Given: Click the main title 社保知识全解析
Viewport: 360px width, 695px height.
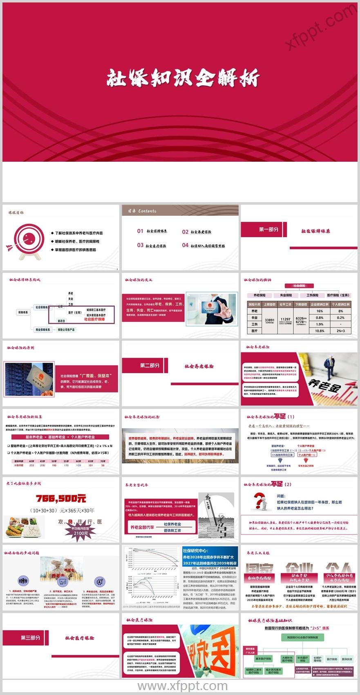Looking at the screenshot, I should pyautogui.click(x=183, y=77).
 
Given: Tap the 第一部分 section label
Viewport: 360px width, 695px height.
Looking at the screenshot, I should pyautogui.click(x=268, y=229).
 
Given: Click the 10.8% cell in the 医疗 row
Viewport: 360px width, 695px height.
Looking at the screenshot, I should pyautogui.click(x=320, y=331).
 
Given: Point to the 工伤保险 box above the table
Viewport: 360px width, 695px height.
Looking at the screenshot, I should pyautogui.click(x=313, y=295).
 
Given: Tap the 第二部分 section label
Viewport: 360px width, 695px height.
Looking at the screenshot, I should pyautogui.click(x=150, y=365).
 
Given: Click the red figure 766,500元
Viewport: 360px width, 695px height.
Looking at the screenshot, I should pyautogui.click(x=61, y=499).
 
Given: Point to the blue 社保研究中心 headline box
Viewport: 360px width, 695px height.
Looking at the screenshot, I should pyautogui.click(x=210, y=557).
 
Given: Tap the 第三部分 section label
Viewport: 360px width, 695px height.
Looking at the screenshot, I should pyautogui.click(x=31, y=637).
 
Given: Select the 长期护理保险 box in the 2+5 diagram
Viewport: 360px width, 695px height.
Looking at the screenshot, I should pyautogui.click(x=317, y=659).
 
